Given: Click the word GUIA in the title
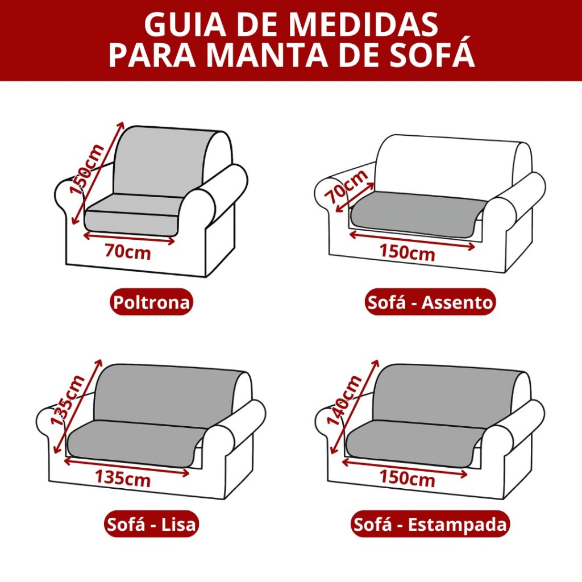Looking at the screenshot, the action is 185,24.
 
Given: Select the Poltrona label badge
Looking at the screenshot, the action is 151,302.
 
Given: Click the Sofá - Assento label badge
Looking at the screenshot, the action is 430,302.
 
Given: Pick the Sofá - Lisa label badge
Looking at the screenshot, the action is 151,524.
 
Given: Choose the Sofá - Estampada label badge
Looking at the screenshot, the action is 430,524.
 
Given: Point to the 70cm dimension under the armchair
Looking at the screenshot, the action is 128,252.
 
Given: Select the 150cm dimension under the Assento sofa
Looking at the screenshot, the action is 407,252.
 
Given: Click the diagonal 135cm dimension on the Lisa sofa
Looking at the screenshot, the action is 68,400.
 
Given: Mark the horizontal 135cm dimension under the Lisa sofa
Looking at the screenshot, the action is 123,477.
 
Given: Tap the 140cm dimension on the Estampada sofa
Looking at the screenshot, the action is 344,400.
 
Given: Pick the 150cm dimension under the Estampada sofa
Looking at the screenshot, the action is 407,477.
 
